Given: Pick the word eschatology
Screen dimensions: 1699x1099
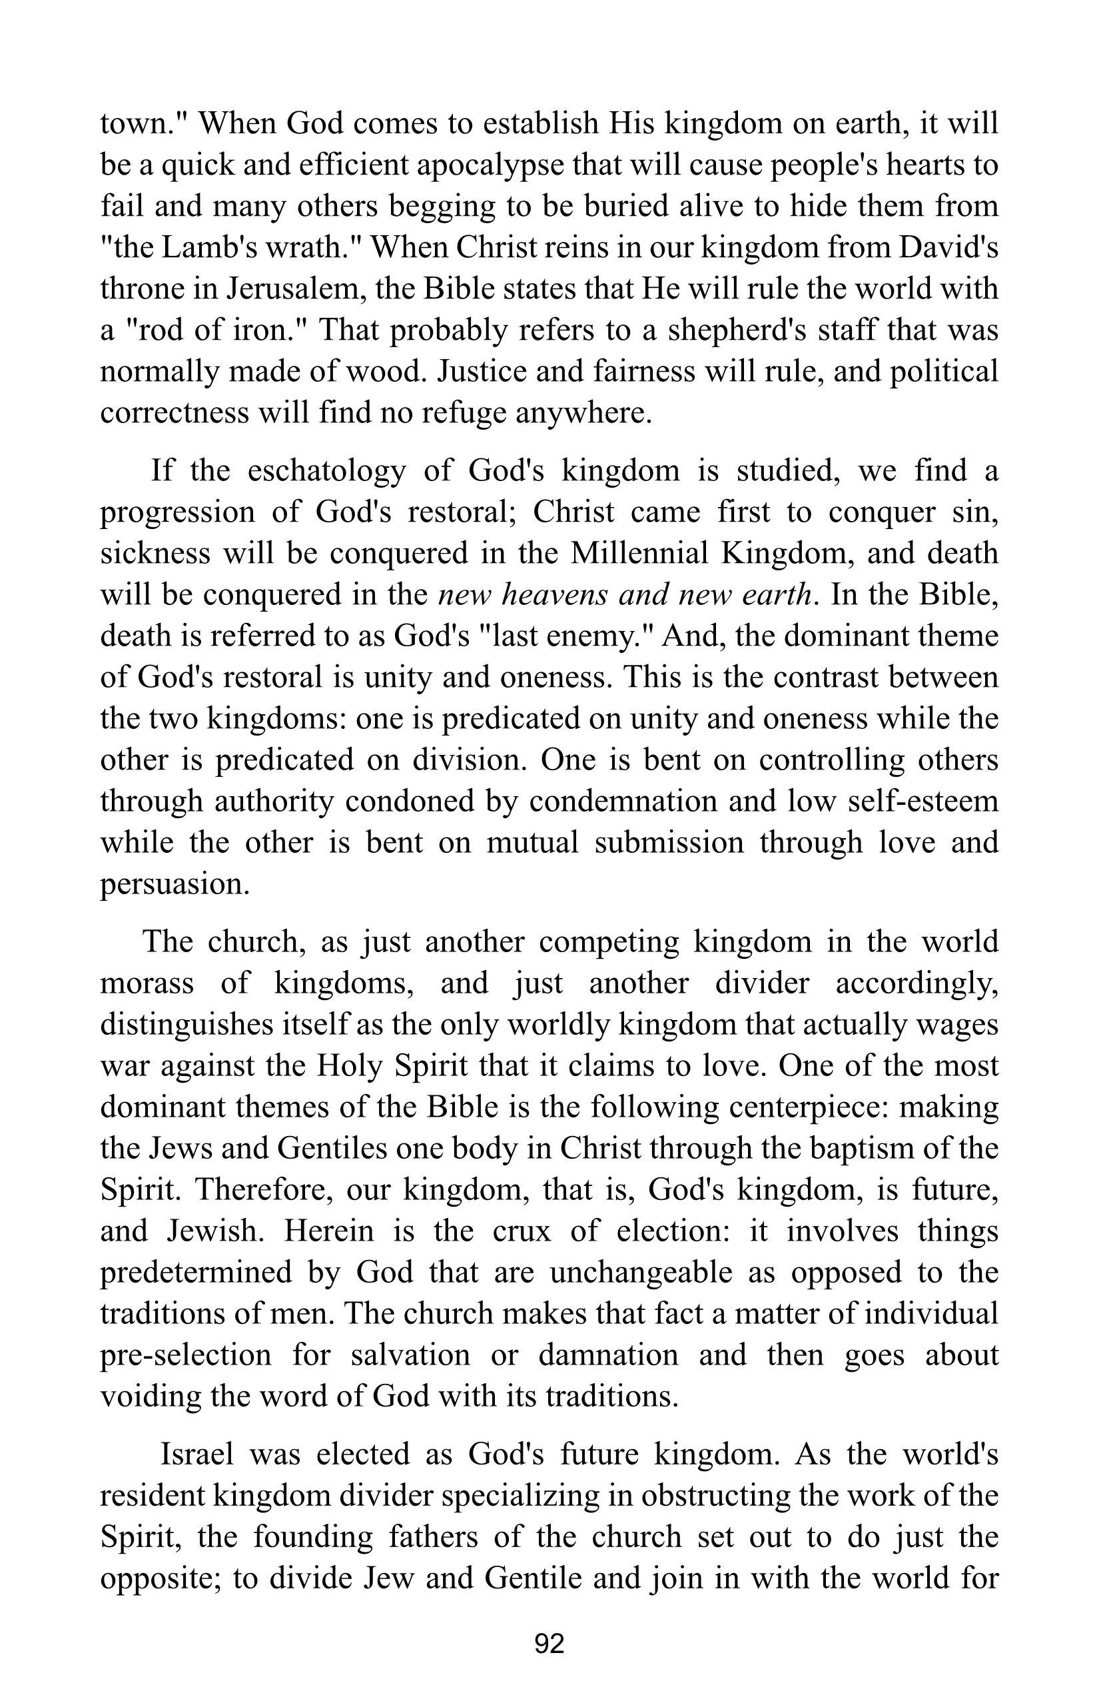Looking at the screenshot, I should point(327,471).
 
